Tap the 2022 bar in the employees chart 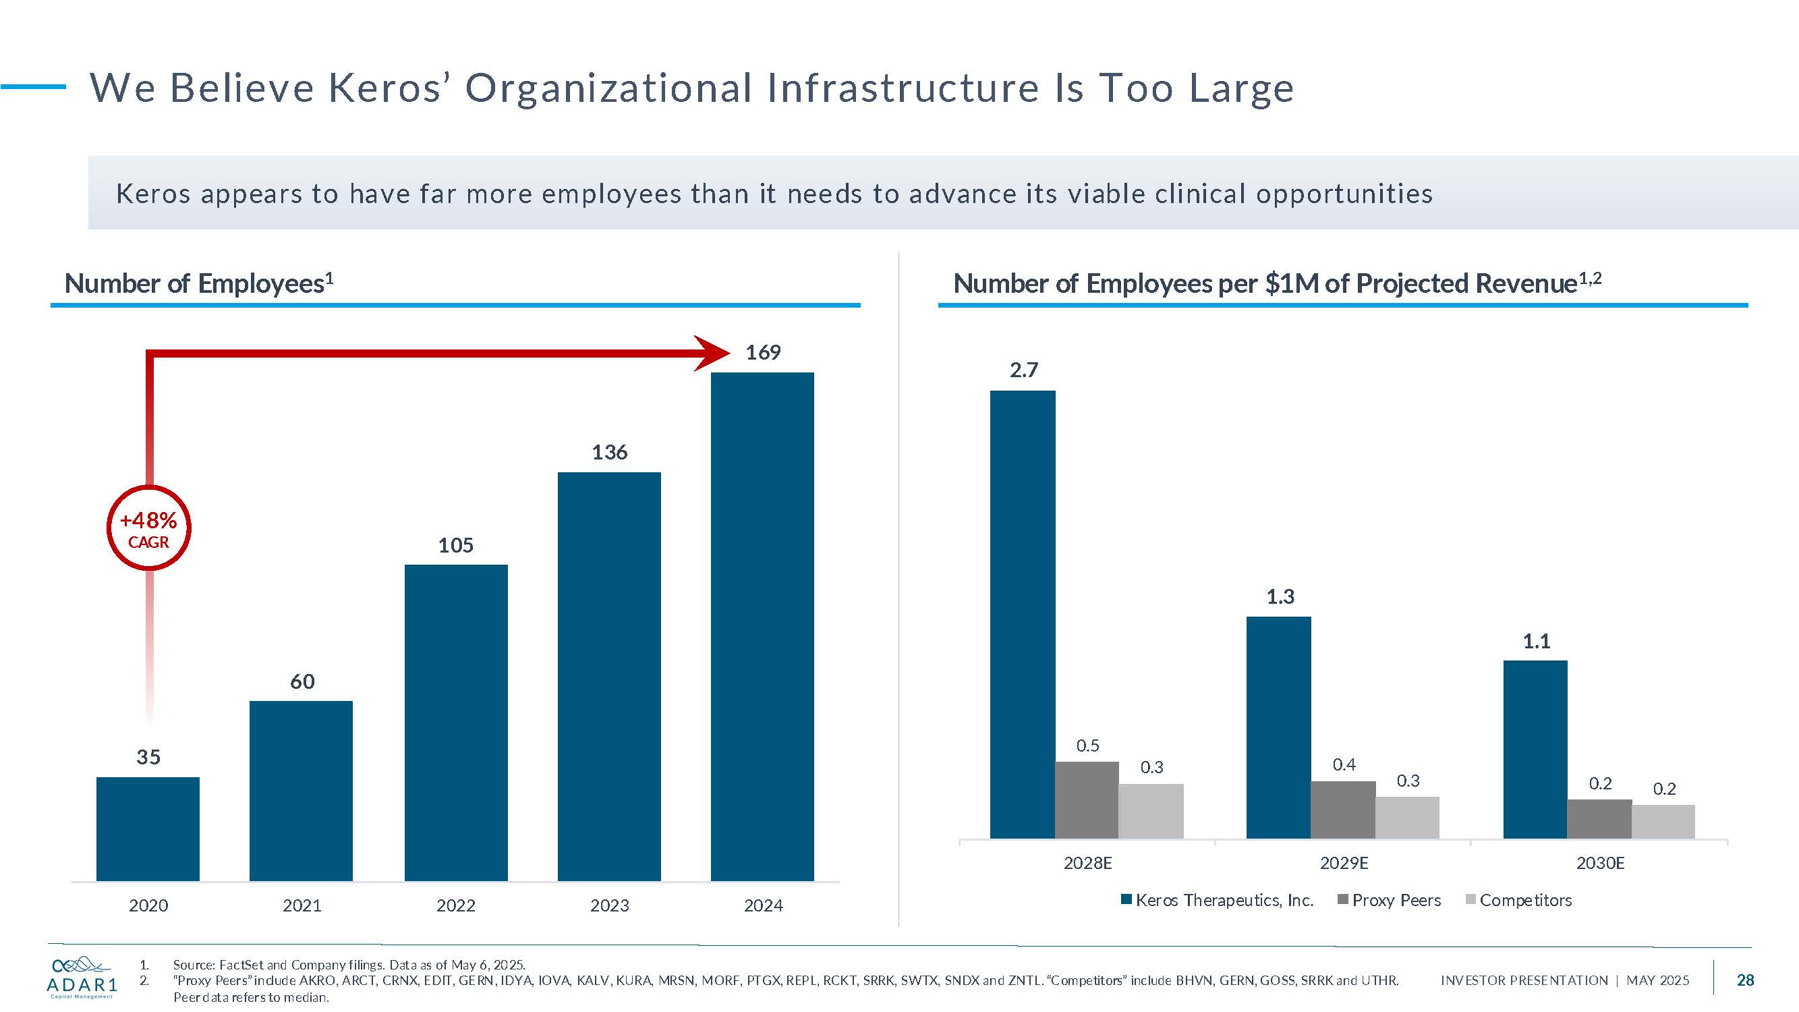(x=455, y=722)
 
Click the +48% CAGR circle (x=148, y=529)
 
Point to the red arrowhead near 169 (x=712, y=353)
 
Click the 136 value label (x=609, y=453)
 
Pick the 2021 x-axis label (x=302, y=905)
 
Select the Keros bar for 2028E (x=1023, y=615)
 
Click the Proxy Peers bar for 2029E (x=1343, y=810)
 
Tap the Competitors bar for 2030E (x=1663, y=821)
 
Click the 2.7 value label (x=1023, y=370)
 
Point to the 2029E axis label (x=1344, y=864)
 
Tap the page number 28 (x=1744, y=980)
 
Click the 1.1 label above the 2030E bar (x=1536, y=641)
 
